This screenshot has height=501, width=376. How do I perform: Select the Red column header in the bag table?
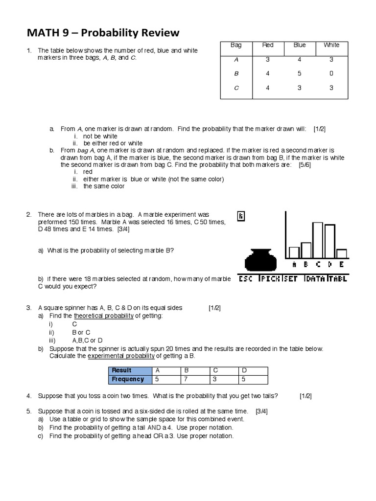(x=268, y=45)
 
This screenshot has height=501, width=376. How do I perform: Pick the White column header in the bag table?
(x=331, y=45)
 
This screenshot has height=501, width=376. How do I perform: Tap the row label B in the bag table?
(x=236, y=73)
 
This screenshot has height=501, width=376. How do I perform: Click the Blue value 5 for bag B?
(x=300, y=73)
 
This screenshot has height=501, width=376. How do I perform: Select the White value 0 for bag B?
(x=331, y=73)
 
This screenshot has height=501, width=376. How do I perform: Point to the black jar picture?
(x=260, y=259)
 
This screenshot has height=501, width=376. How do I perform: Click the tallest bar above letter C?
(x=318, y=240)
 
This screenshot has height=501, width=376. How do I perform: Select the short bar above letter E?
(x=342, y=253)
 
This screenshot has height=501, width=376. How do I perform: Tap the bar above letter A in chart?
(x=294, y=252)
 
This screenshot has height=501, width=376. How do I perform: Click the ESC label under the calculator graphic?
(x=247, y=279)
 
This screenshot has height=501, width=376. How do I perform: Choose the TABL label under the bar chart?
(x=337, y=279)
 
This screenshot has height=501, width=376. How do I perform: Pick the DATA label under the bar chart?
(x=314, y=279)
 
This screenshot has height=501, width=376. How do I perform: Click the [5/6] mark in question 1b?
(x=305, y=165)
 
